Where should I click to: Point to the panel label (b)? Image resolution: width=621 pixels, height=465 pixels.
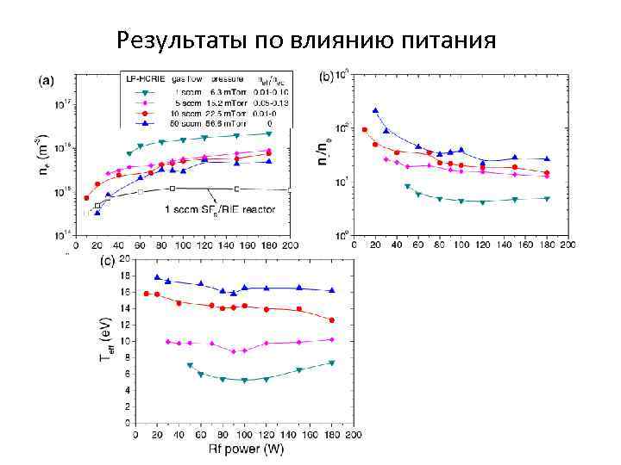(x=328, y=77)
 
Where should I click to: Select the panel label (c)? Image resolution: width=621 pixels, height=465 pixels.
(x=110, y=259)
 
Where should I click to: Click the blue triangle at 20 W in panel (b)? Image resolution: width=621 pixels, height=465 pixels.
(x=375, y=110)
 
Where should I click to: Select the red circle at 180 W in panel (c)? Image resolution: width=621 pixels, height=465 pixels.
(x=331, y=320)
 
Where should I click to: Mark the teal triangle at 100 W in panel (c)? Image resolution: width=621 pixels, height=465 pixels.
(x=244, y=380)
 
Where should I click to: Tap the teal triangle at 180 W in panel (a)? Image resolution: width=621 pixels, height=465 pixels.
(x=269, y=133)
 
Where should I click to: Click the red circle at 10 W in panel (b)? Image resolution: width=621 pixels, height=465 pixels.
(x=364, y=129)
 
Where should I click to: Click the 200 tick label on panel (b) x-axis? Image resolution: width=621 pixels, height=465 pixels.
(x=567, y=247)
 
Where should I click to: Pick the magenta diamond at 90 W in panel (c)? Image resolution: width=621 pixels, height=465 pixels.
(x=233, y=351)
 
